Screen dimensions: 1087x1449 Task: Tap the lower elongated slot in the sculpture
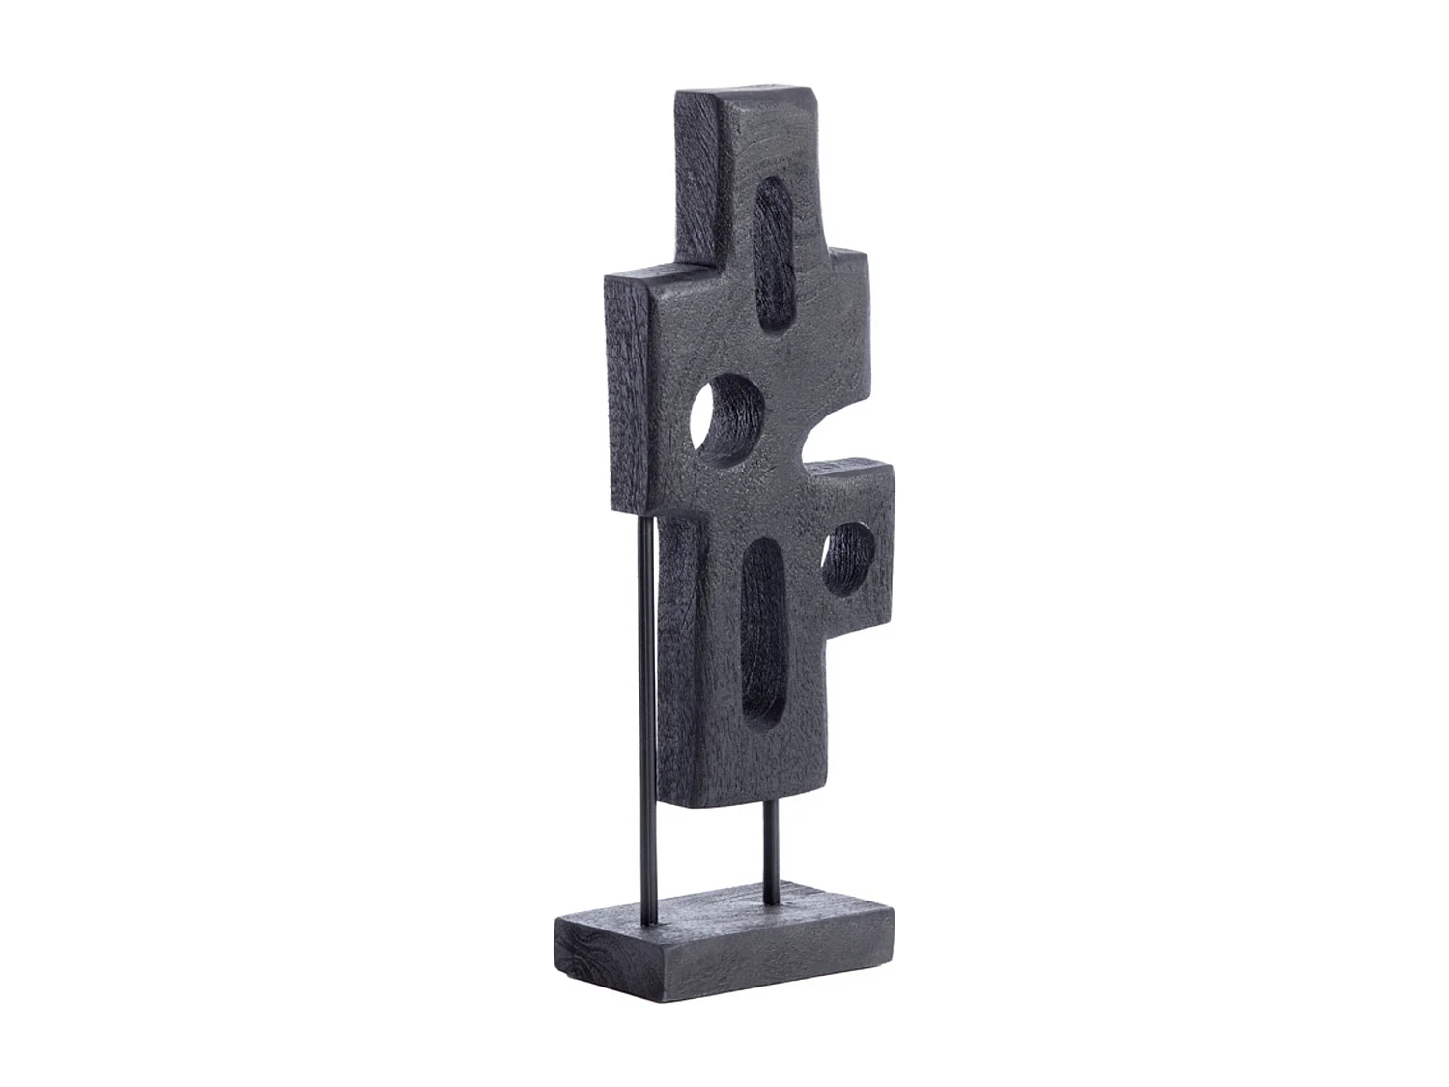[763, 630]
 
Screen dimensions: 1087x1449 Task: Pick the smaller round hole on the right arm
[848, 558]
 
